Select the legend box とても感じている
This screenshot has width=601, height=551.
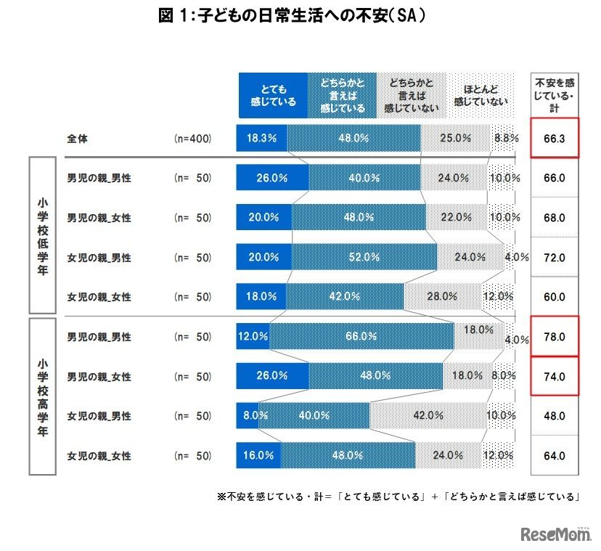[272, 95]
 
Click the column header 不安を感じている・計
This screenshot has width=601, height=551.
[555, 95]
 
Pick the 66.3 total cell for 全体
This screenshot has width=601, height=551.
[555, 137]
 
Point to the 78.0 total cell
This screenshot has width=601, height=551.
[555, 337]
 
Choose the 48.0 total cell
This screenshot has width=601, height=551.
[555, 416]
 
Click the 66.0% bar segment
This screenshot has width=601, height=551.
[361, 336]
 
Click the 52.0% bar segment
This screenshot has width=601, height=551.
[364, 256]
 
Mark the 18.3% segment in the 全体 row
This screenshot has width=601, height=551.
[261, 137]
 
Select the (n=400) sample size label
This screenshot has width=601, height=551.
[193, 137]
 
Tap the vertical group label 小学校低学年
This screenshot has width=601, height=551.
[46, 236]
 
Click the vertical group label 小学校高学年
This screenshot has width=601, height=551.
[46, 396]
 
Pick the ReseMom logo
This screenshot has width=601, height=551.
[553, 534]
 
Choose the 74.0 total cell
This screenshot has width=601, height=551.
[555, 376]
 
